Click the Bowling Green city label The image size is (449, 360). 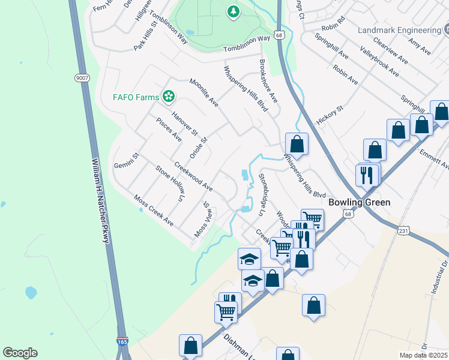(x=359, y=202)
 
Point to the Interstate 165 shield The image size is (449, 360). (x=122, y=342)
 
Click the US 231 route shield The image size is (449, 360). (x=404, y=229)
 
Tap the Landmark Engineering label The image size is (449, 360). (x=399, y=30)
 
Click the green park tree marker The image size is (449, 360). (x=233, y=12)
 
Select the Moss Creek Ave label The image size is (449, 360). (x=154, y=211)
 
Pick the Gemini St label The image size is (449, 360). (x=127, y=160)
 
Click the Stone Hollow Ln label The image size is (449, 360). (x=169, y=183)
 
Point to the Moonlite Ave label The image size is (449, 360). (x=204, y=92)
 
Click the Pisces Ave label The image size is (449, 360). (x=169, y=129)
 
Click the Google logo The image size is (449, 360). (x=20, y=353)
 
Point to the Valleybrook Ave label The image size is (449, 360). (x=379, y=62)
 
